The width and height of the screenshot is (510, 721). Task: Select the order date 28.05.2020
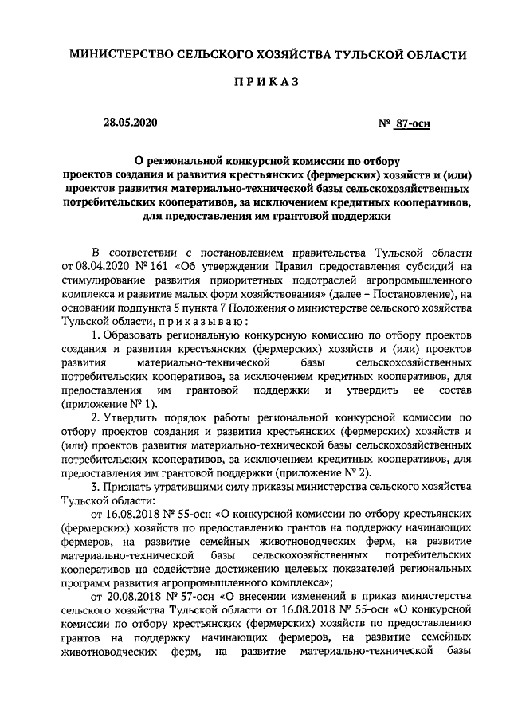click(x=131, y=123)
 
